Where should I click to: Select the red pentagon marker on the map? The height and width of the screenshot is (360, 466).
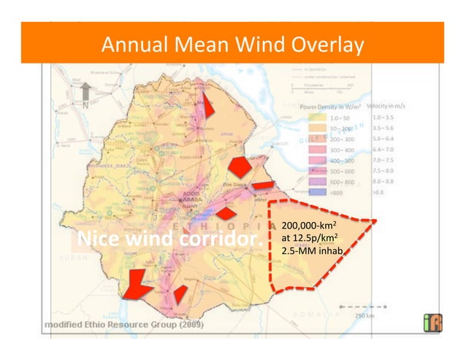[240, 166]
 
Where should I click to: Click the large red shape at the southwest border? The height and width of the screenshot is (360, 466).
[137, 283]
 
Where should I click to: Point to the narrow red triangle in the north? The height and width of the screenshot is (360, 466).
[208, 106]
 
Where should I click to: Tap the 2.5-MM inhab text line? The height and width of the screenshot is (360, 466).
[311, 251]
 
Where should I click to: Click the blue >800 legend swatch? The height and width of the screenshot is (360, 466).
[318, 192]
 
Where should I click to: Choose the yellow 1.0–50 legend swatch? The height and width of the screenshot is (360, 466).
[318, 117]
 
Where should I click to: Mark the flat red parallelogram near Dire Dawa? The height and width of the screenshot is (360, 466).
[264, 185]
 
